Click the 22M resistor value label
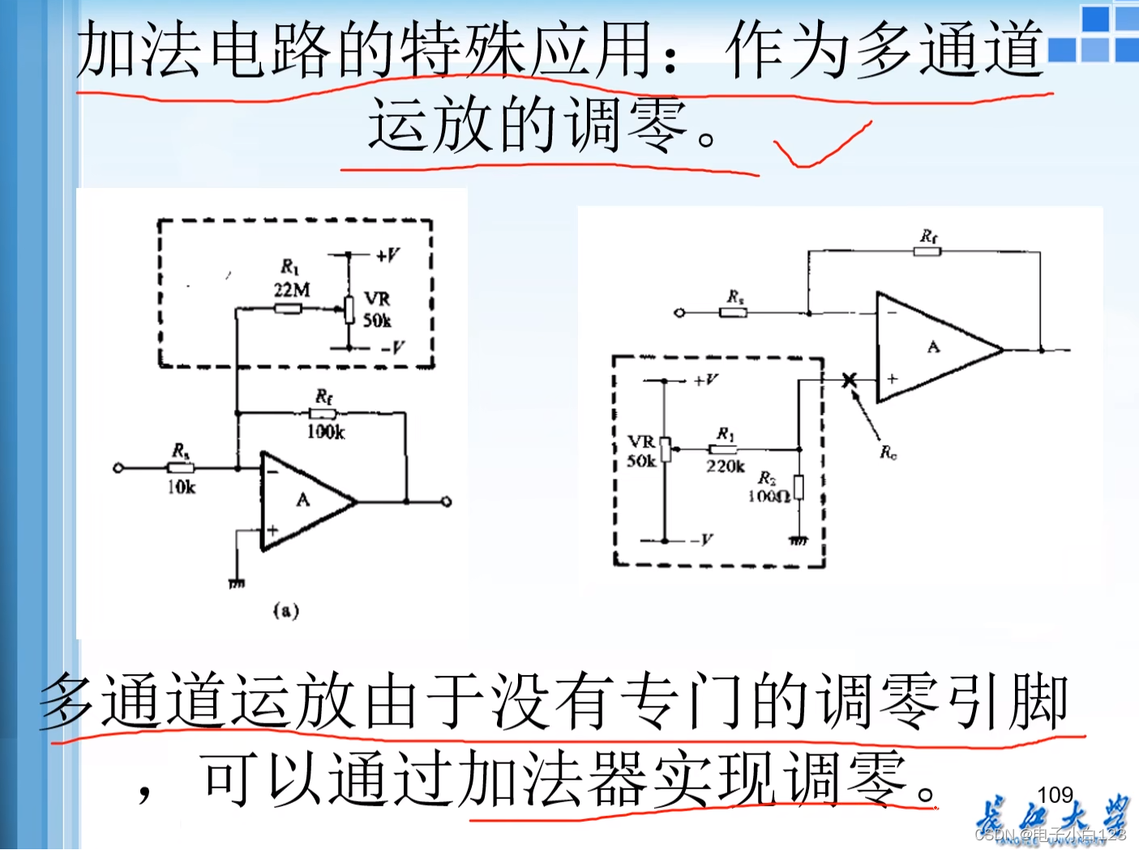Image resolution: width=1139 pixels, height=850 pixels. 291,289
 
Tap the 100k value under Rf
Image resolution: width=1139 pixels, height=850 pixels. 325,432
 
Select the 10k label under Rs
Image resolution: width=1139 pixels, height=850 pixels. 182,486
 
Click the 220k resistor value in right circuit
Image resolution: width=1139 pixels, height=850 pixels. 725,466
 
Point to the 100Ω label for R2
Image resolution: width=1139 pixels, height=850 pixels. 768,495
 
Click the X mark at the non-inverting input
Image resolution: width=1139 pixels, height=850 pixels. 849,379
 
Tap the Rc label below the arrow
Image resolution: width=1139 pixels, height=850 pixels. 889,452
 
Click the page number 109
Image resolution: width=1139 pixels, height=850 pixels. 1055,795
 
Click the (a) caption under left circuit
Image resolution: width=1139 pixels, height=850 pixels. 286,610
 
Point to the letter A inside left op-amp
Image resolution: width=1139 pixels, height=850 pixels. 303,500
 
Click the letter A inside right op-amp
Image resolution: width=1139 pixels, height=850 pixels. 934,347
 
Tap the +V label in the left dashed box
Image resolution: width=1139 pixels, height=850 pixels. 388,255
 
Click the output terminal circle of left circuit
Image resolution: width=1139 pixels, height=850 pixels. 446,502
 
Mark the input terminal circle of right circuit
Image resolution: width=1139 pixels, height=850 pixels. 679,313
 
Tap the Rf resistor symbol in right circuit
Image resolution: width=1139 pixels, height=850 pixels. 927,252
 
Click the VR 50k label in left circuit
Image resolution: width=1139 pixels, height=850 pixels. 377,310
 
